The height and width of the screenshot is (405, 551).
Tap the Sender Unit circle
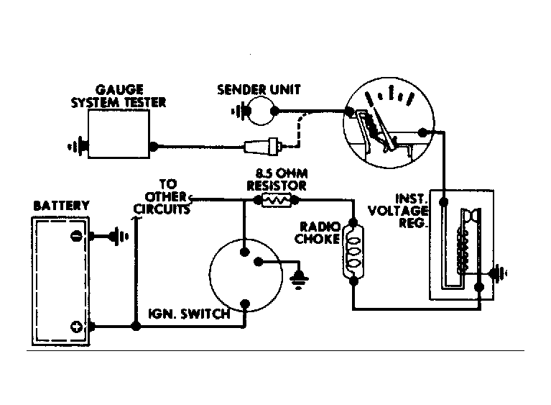[261, 98]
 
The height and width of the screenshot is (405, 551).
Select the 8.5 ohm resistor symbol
[277, 200]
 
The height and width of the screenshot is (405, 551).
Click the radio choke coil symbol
[353, 252]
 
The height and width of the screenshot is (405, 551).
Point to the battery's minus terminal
[76, 236]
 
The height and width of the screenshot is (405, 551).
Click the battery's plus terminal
[76, 327]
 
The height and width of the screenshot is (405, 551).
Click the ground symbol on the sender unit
[239, 112]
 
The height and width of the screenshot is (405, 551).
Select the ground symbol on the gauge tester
[78, 146]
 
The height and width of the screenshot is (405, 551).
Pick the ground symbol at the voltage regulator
[499, 273]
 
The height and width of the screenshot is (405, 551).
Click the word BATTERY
[61, 206]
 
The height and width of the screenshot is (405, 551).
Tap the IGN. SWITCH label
[189, 314]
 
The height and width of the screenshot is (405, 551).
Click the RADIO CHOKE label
[318, 232]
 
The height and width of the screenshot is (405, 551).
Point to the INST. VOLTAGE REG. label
[398, 211]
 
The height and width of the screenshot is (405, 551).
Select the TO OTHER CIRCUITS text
[162, 196]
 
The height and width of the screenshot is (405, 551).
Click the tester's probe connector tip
[280, 146]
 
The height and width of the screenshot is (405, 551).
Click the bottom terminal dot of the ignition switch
[245, 304]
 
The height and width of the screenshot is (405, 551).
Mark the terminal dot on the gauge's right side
[423, 132]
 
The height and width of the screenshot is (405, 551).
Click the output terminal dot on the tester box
[153, 146]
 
